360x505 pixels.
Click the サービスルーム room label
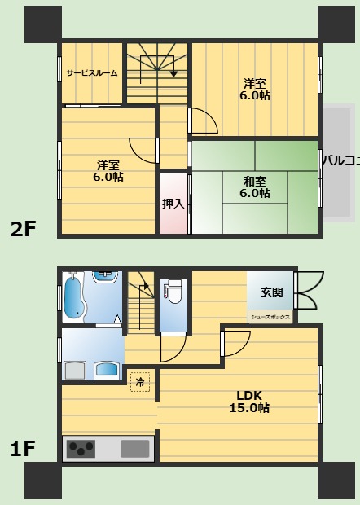92,73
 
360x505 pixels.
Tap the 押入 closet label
173,204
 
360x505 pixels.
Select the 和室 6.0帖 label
255,187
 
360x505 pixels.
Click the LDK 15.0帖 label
249,402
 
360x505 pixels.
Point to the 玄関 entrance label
272,292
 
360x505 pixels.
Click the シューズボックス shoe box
270,317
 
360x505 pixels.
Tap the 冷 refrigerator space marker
140,382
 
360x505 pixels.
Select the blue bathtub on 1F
73,297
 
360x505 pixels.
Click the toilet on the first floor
173,292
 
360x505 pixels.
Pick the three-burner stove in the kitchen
81,449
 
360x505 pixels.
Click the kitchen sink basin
135,449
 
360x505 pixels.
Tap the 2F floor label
23,229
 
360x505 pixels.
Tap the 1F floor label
22,449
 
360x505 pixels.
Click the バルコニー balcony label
341,160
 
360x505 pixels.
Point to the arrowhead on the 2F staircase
173,74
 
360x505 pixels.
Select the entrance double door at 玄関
309,291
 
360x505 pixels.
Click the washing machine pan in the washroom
76,371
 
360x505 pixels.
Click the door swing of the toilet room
173,348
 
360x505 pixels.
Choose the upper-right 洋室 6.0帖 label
255,90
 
